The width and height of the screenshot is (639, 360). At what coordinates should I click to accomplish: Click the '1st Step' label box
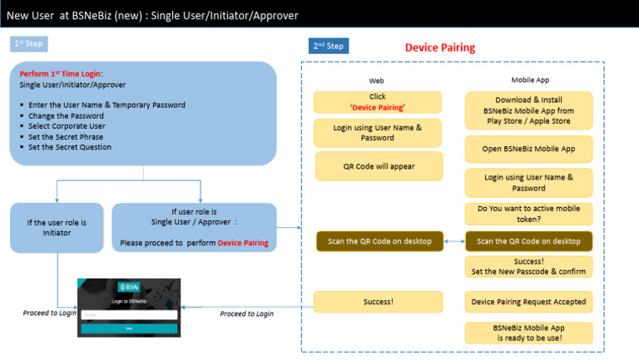coord(30,43)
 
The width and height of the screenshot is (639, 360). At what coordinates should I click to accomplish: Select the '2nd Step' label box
coord(329,46)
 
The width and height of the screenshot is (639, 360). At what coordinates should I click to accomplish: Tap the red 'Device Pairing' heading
coord(439,47)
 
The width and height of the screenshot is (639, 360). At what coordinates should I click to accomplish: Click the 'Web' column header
coord(377,81)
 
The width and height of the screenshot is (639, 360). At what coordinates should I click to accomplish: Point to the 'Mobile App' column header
coord(529,80)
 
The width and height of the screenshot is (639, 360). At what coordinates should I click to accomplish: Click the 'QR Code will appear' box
coord(379,165)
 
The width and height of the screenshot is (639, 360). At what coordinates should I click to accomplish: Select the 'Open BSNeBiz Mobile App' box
coord(529,149)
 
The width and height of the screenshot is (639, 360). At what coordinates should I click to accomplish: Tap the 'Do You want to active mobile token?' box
coord(529,214)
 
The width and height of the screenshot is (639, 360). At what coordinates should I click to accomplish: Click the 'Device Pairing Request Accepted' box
coord(529,302)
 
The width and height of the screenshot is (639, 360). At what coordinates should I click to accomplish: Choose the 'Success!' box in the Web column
coord(379,302)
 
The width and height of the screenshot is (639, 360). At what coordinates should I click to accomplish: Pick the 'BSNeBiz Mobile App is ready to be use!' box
coord(529,333)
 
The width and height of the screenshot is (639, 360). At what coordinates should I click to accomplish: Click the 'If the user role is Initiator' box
coord(57,228)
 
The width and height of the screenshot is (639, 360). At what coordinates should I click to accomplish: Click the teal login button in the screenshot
coord(128,328)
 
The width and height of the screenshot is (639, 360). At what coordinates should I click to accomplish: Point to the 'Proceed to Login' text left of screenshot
coord(49,313)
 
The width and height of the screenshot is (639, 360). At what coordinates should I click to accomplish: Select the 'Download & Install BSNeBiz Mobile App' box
coord(529,110)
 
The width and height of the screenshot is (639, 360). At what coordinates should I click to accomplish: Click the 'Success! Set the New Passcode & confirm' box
coord(529,266)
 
